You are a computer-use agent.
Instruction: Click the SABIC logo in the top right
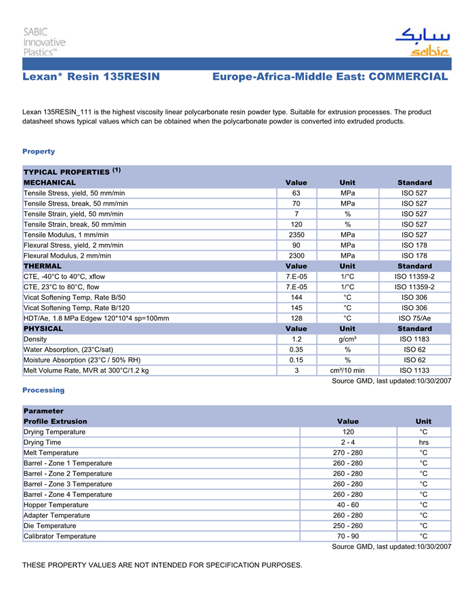click(x=422, y=42)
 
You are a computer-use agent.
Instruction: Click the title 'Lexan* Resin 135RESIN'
click(x=91, y=77)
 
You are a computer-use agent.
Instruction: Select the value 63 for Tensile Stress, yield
click(x=296, y=193)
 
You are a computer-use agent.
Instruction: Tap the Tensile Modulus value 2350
click(x=296, y=235)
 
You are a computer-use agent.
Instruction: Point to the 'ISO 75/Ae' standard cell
click(x=414, y=318)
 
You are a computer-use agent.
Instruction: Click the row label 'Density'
click(x=35, y=339)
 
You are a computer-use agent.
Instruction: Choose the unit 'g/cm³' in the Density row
click(x=347, y=339)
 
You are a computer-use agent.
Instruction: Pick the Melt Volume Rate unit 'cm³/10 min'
click(x=347, y=371)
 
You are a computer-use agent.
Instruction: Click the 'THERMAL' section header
click(x=42, y=266)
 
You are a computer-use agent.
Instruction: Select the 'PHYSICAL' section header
click(x=43, y=329)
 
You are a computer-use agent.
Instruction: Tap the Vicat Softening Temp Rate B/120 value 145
click(x=296, y=308)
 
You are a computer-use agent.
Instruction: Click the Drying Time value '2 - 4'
click(x=348, y=442)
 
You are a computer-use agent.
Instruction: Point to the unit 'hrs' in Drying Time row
click(x=423, y=442)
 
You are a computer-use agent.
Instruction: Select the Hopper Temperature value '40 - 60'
click(x=348, y=504)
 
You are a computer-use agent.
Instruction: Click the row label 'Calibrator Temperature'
click(x=60, y=536)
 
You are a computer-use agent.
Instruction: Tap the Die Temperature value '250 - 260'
click(x=348, y=525)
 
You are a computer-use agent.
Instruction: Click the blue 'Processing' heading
click(x=43, y=390)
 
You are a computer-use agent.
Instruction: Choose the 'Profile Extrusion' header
click(x=55, y=421)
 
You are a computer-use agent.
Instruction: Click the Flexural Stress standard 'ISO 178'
click(x=414, y=245)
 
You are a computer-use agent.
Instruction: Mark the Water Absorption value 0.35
click(x=296, y=350)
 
